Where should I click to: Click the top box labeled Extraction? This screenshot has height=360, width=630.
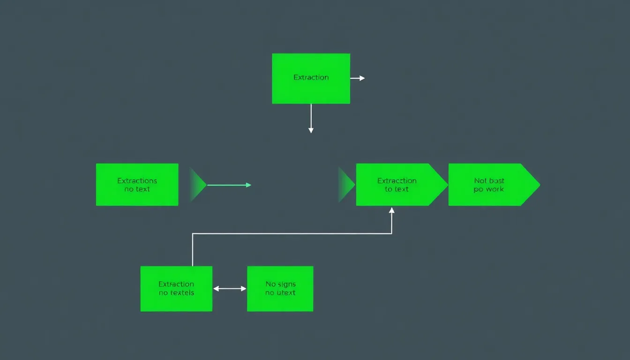(x=311, y=78)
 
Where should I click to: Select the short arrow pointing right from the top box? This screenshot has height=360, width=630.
(x=357, y=78)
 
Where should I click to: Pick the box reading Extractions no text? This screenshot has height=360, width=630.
(x=137, y=185)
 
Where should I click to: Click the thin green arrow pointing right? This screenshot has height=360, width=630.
(x=229, y=185)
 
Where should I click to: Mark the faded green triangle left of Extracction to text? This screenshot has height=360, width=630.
(x=346, y=185)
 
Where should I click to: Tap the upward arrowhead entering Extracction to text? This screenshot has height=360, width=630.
(x=392, y=211)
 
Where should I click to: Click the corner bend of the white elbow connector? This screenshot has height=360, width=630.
(x=193, y=233)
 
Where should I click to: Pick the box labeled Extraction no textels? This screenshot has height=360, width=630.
(x=176, y=289)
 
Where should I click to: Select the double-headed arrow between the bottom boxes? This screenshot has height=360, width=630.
(x=230, y=289)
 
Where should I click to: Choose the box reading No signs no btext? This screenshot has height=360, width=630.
(x=280, y=289)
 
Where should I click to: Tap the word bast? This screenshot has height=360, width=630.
(x=497, y=180)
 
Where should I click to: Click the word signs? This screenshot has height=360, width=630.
(x=286, y=284)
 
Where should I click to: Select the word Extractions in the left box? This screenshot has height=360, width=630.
(x=137, y=180)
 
